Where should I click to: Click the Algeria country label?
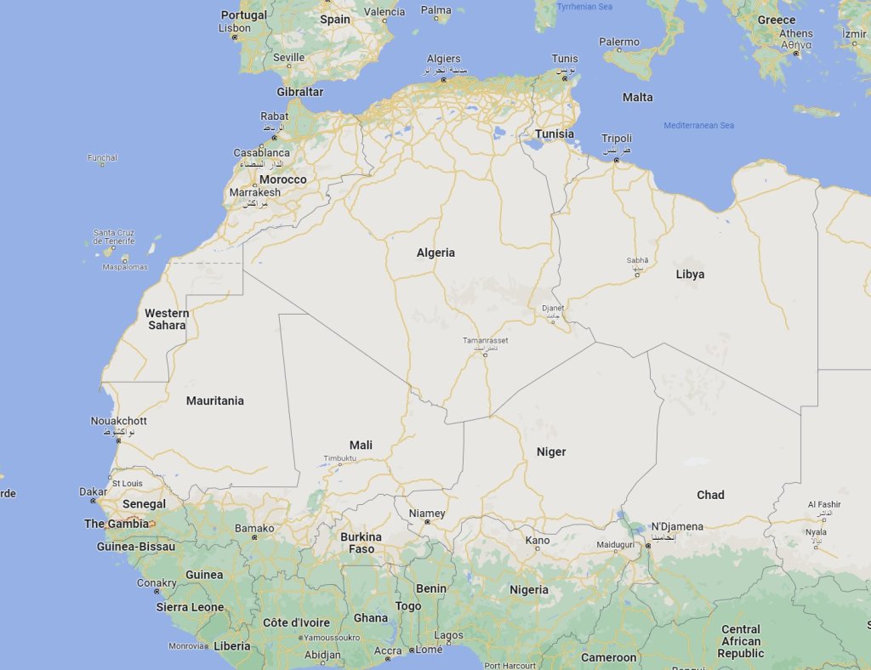tap(435, 253)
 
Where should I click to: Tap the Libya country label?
tap(690, 274)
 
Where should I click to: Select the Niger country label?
tap(551, 451)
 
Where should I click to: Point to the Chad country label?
tap(710, 495)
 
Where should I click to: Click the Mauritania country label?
tap(215, 400)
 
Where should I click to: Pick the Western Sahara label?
tap(167, 319)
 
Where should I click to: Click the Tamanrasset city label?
tap(485, 341)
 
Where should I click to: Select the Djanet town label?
tap(553, 308)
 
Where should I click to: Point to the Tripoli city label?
tap(617, 139)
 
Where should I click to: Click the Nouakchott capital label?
tap(118, 421)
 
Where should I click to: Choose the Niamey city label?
tap(427, 514)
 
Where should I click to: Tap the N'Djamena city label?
tap(677, 526)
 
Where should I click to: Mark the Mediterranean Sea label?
tap(698, 126)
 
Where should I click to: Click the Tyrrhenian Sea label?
tap(584, 7)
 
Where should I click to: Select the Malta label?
tap(637, 97)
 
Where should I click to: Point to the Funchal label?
tap(102, 157)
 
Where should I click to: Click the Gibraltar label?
tap(299, 91)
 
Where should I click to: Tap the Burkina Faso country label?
tap(361, 542)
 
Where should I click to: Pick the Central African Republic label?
tap(740, 641)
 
